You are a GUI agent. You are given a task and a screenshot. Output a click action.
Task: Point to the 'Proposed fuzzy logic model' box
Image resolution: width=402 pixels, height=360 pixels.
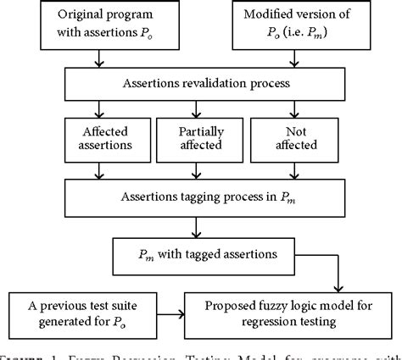pos(292,313)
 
